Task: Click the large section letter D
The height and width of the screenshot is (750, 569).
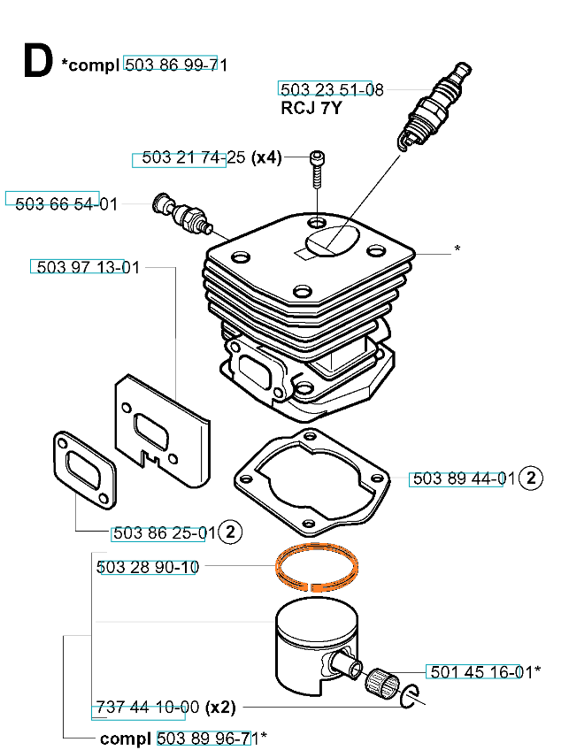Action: tap(36, 62)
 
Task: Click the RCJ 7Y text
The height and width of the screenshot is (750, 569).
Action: tap(311, 109)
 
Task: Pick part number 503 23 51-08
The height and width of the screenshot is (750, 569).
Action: tap(332, 89)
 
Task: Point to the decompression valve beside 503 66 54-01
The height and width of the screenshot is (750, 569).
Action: tap(184, 213)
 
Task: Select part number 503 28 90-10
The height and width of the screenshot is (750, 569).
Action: tap(147, 567)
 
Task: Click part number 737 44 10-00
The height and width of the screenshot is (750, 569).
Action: tap(146, 708)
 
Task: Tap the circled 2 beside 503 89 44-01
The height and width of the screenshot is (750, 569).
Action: tap(530, 478)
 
